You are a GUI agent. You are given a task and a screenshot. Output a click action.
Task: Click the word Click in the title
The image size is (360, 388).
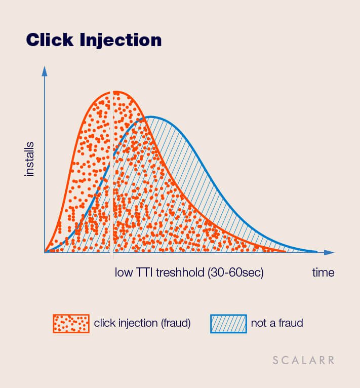[x=50, y=40]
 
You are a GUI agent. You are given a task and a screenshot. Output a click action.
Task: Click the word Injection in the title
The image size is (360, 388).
[x=121, y=41]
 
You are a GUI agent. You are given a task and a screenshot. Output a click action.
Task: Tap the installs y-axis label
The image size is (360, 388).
[x=29, y=159]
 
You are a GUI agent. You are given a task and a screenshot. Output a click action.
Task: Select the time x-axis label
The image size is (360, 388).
[x=323, y=273]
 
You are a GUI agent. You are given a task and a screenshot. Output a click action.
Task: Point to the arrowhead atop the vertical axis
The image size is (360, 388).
[x=45, y=71]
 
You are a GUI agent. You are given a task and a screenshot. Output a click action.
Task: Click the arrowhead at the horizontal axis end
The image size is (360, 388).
[x=329, y=252]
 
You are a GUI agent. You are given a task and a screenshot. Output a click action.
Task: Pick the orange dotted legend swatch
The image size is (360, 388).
[x=71, y=323]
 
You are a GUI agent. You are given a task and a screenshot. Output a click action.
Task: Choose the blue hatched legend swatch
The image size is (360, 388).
[x=229, y=324]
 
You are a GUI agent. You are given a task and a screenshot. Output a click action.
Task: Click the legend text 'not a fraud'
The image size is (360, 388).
[x=277, y=323]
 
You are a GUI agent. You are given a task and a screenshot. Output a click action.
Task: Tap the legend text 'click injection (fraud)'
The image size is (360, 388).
[x=142, y=323]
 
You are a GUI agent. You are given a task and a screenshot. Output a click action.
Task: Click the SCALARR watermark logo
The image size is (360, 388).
[x=304, y=360]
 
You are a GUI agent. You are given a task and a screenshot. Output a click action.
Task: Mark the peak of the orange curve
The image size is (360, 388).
[x=113, y=92]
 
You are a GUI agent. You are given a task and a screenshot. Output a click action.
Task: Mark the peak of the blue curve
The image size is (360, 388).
[x=150, y=117]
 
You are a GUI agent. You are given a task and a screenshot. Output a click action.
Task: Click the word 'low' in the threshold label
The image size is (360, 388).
[x=124, y=273]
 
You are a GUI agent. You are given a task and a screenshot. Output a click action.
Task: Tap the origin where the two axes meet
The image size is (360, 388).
[x=45, y=252]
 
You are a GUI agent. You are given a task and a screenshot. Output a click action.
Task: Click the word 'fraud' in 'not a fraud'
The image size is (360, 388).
[x=291, y=323]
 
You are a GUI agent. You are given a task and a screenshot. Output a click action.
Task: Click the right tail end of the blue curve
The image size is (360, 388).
[x=316, y=252]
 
